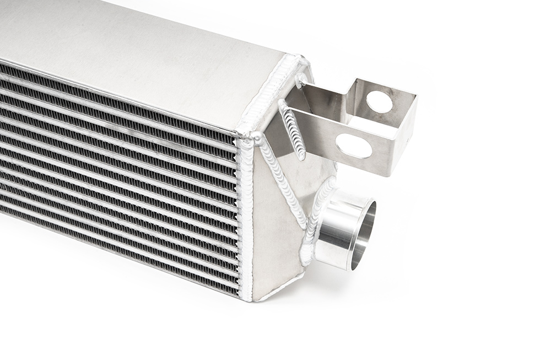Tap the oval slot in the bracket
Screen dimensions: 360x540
(x=353, y=146)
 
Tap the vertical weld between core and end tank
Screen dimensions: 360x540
(x=246, y=221)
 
